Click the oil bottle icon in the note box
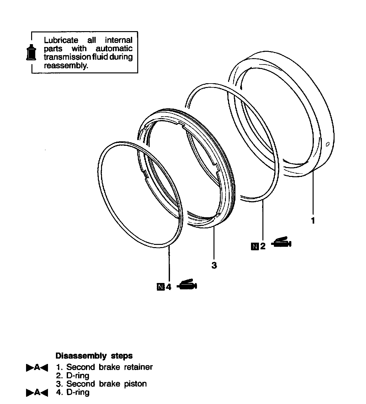pos(31,52)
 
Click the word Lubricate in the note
pos(61,40)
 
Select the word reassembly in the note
pos(65,65)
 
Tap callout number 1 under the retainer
pos(313,220)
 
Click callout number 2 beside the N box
pos(263,246)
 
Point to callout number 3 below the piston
pos(214,265)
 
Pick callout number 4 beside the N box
pos(168,287)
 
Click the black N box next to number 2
pos(255,246)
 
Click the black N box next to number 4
pos(161,287)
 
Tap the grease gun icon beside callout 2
pos(281,242)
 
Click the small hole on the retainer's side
pos(328,144)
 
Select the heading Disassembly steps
pos(94,355)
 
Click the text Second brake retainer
pos(109,367)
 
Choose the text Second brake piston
pos(106,384)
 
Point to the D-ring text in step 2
pos(78,375)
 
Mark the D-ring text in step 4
pos(78,392)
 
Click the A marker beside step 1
pos(37,368)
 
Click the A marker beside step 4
pos(37,393)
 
